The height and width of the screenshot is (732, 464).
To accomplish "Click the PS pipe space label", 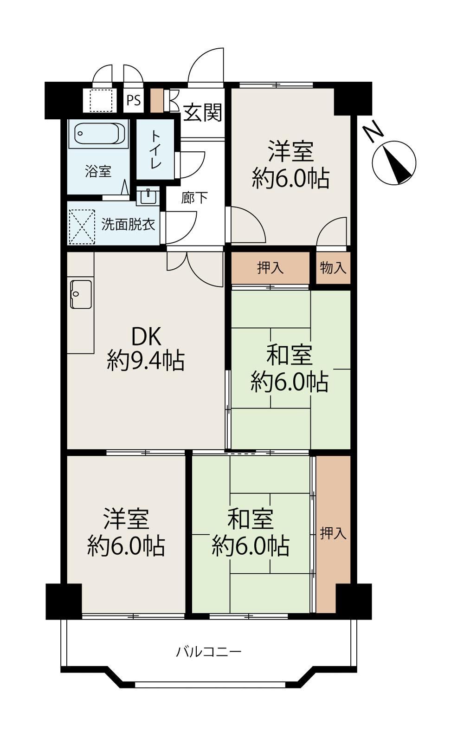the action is click(134, 100).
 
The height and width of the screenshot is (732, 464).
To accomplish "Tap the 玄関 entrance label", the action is click(203, 113).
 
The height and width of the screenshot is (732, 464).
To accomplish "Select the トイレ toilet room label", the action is click(155, 149).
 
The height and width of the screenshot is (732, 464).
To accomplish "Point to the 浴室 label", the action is click(98, 171).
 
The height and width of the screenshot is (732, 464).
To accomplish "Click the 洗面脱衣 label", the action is click(128, 225).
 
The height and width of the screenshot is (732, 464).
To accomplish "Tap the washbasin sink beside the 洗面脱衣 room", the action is click(148, 197).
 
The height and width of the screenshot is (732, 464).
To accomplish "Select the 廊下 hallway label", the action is click(194, 198).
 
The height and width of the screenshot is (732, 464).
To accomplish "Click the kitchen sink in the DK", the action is click(81, 294).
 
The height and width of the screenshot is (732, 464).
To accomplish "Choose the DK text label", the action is click(146, 337).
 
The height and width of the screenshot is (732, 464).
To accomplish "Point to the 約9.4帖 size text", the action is click(146, 361).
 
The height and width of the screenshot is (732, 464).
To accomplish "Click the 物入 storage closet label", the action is click(333, 268).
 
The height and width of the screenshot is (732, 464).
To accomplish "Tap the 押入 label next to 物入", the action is click(270, 268).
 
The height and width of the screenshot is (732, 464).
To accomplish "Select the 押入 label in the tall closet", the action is click(333, 533).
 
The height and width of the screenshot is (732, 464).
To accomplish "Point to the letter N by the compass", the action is click(374, 133).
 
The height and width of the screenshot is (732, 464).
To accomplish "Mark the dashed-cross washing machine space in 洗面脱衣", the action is click(82, 227).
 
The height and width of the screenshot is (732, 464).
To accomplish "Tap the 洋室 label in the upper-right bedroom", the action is click(291, 151).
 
